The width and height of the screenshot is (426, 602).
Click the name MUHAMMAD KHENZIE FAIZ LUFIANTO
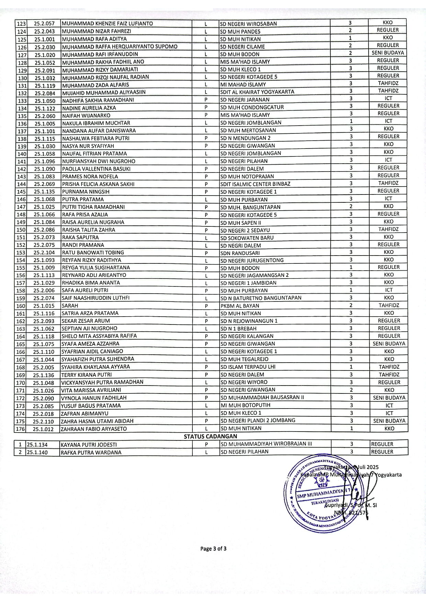click(107, 24)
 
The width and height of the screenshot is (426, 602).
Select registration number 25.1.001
click(44, 39)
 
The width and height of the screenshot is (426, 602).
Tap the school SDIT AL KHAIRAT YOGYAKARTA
click(257, 92)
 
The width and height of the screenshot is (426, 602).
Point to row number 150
click(21, 230)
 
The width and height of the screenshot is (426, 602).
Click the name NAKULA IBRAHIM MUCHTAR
click(96, 123)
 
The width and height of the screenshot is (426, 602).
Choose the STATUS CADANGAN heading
click(210, 437)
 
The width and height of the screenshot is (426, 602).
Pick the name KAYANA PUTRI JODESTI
click(89, 445)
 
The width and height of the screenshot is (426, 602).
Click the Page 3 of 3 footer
click(213, 548)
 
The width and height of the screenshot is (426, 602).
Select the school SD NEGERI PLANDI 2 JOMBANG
click(258, 421)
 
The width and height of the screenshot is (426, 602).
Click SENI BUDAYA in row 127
click(388, 53)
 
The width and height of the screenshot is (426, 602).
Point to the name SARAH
click(70, 306)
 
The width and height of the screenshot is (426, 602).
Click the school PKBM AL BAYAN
click(240, 306)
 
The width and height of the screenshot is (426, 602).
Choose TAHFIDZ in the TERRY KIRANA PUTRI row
click(389, 375)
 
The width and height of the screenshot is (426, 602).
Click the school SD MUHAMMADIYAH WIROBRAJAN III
click(266, 444)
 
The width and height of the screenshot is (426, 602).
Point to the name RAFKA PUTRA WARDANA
click(91, 452)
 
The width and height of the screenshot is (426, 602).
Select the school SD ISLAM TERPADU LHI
click(248, 367)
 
